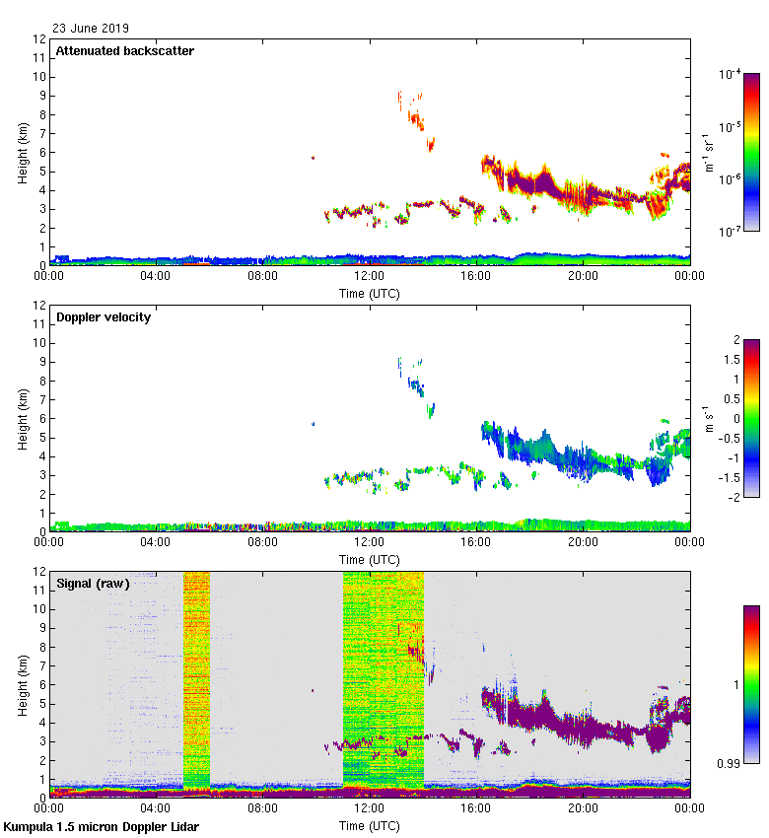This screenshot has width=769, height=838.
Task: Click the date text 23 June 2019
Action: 91,29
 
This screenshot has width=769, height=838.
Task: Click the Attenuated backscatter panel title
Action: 124,50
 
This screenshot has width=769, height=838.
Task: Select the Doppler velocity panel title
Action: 104,317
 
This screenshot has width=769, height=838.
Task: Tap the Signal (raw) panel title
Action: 93,584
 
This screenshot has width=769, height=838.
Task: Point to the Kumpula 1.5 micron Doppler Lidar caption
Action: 102,827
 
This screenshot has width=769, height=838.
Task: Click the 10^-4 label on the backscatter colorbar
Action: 731,74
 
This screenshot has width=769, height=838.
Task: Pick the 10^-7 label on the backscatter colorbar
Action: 731,232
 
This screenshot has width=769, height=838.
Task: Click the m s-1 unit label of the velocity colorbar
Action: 706,419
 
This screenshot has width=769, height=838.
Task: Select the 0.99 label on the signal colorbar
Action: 731,761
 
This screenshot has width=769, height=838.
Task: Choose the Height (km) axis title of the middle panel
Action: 23,419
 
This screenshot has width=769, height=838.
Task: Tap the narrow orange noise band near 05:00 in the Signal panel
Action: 196,680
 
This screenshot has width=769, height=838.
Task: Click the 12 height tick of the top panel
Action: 40,39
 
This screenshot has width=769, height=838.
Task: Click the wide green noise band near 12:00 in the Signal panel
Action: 383,680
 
